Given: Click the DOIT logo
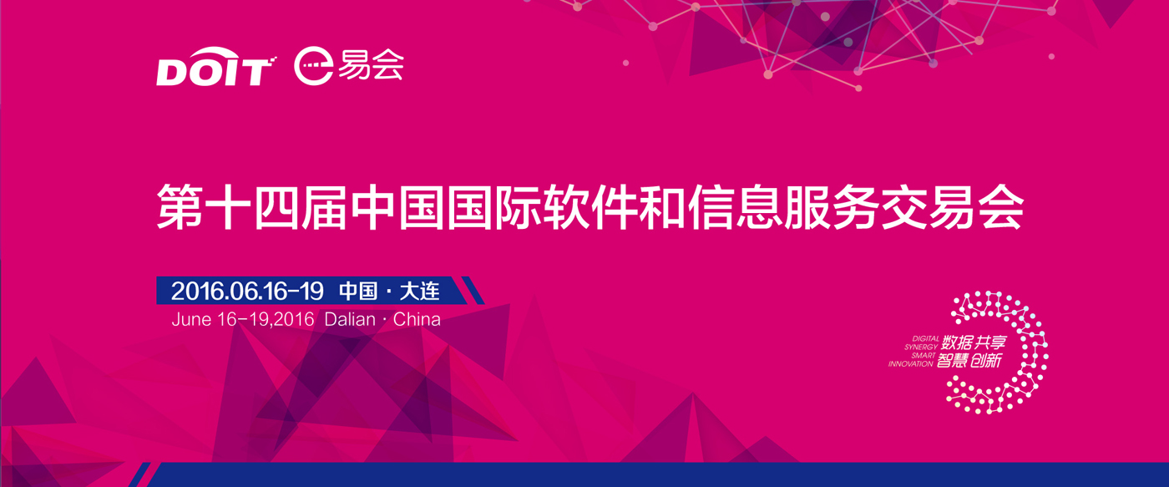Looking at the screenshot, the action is [216, 66].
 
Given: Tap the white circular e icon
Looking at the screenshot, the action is [313, 66].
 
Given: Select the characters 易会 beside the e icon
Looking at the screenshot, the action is [371, 64].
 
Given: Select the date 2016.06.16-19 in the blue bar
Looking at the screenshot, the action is [247, 291].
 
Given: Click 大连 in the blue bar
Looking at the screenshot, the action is [419, 291].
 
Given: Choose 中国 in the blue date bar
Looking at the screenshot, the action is [358, 291].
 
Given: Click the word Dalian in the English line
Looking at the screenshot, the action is [350, 319].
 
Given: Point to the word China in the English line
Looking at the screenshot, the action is [417, 319].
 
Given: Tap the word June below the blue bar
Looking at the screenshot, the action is [191, 319].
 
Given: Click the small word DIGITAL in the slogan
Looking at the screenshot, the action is [926, 339].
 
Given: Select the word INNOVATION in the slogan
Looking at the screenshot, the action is [911, 364].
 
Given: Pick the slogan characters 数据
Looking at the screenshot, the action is [958, 342].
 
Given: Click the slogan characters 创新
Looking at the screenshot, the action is [986, 360].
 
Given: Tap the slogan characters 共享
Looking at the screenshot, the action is [991, 342].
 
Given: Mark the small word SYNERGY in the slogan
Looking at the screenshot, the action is [921, 347].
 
